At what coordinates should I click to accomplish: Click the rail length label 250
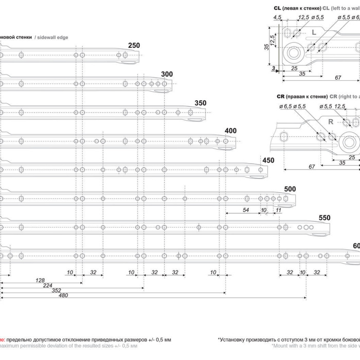point(134,46)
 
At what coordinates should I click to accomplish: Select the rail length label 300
point(167,75)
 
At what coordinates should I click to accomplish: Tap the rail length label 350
point(201,103)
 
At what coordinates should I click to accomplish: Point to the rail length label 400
point(230,131)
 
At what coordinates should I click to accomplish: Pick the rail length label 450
point(268,160)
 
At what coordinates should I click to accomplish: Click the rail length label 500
point(290,190)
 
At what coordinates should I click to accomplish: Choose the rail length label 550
point(324,218)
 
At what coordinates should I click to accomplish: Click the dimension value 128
point(40,280)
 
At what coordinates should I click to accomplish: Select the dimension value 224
point(48,285)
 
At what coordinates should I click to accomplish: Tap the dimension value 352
point(57,291)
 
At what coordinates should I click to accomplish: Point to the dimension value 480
point(64,296)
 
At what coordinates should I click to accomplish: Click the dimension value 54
point(246,210)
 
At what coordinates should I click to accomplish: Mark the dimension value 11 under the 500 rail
point(278,210)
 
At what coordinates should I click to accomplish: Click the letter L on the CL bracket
point(314,32)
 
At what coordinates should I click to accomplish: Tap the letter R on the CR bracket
point(331,121)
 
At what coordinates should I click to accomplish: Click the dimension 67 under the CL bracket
point(338,78)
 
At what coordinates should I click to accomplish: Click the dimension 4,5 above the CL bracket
point(278,17)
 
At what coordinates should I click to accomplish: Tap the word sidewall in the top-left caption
point(48,38)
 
